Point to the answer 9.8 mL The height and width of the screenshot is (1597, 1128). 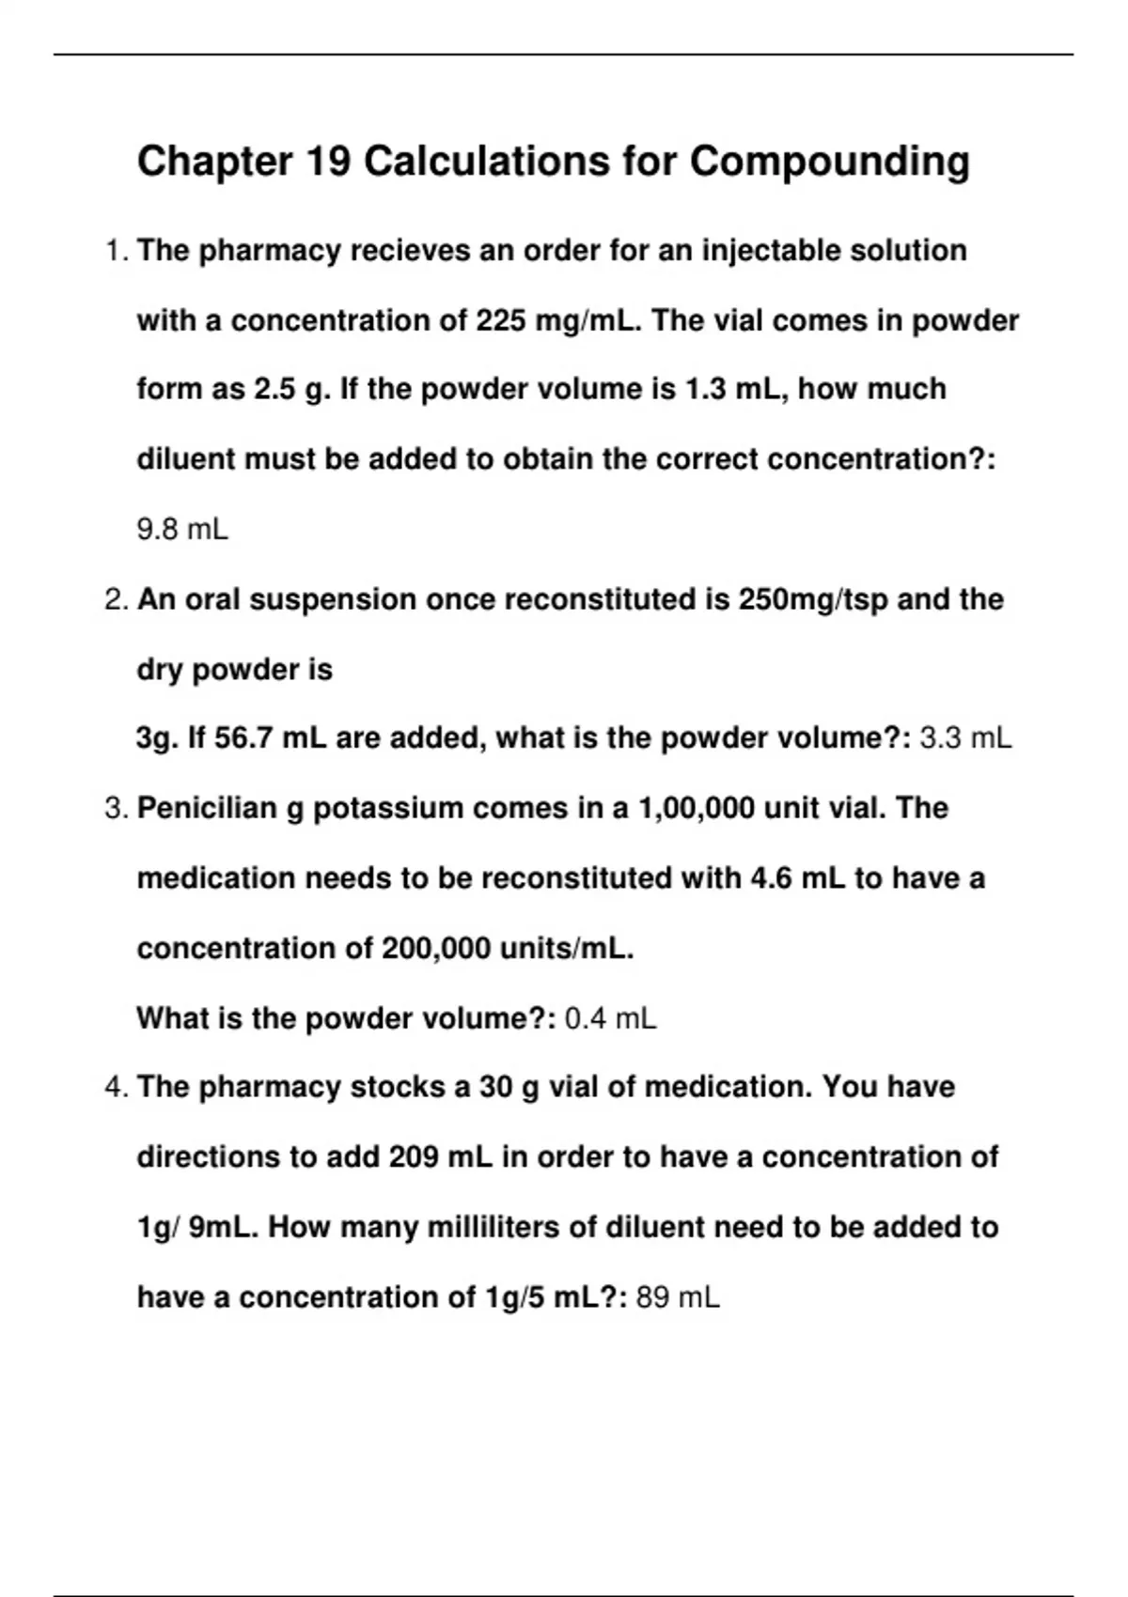(x=182, y=530)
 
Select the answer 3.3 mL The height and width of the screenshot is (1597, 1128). (x=965, y=738)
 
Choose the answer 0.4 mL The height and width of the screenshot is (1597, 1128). (x=610, y=1018)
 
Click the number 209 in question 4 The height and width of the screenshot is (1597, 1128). (x=414, y=1157)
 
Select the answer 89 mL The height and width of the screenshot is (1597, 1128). (x=678, y=1298)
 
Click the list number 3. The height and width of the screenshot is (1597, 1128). (x=116, y=808)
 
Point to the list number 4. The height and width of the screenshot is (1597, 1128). (x=116, y=1088)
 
